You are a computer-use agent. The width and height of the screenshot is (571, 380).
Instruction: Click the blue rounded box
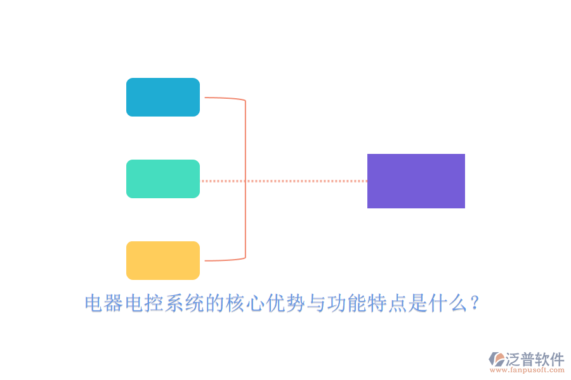pyautogui.click(x=163, y=97)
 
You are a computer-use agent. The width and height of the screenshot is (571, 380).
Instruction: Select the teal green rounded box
pyautogui.click(x=163, y=179)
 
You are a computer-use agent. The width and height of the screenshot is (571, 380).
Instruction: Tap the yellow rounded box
pyautogui.click(x=163, y=260)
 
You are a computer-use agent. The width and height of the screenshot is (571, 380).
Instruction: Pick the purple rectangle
pyautogui.click(x=416, y=181)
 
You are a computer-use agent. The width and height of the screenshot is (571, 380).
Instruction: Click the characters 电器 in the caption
pyautogui.click(x=105, y=304)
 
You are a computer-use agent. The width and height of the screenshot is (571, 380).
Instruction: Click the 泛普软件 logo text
pyautogui.click(x=535, y=359)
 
